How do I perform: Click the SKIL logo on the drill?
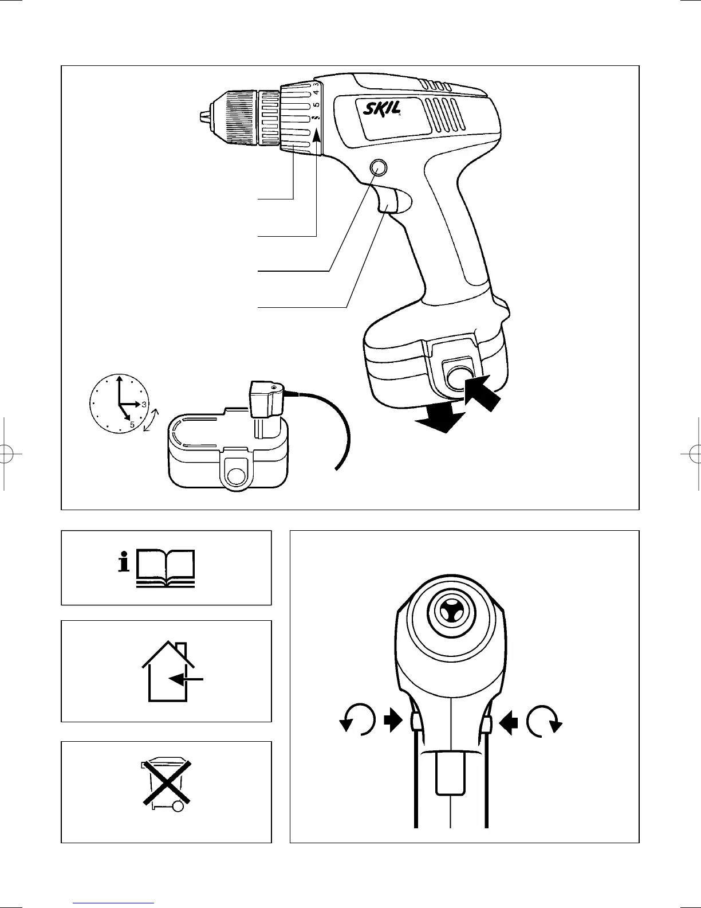tap(381, 109)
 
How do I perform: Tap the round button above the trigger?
tap(377, 167)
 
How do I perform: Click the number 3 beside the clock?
tap(144, 404)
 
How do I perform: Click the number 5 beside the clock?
tap(132, 425)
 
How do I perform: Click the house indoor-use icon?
tap(170, 672)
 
